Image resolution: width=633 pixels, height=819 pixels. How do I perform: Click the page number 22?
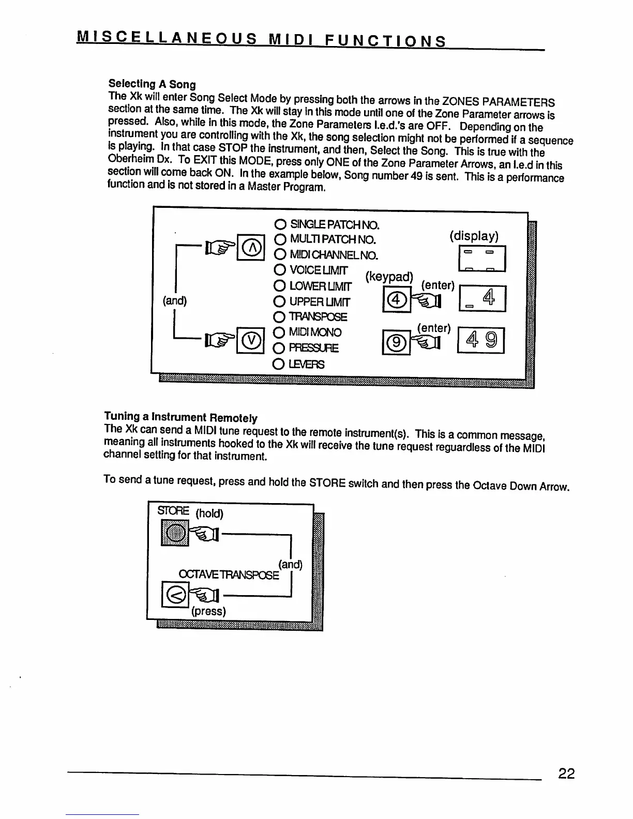click(x=566, y=774)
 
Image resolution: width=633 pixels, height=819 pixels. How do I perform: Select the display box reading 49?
click(x=481, y=340)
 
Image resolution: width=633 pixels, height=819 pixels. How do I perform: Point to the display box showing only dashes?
click(x=481, y=259)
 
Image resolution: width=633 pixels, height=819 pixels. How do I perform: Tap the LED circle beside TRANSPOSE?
click(x=280, y=317)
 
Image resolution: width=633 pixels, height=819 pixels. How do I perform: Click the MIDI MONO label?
click(x=315, y=332)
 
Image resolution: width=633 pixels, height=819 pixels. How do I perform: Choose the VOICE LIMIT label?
click(x=319, y=270)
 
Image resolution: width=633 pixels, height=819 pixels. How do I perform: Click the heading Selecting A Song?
click(x=152, y=84)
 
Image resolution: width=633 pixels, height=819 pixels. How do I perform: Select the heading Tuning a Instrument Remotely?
click(x=180, y=417)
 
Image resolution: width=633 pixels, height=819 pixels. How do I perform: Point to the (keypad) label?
click(x=389, y=277)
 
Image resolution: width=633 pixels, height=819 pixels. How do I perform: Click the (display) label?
click(x=474, y=236)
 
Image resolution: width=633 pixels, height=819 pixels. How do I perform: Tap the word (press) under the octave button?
click(x=208, y=611)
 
